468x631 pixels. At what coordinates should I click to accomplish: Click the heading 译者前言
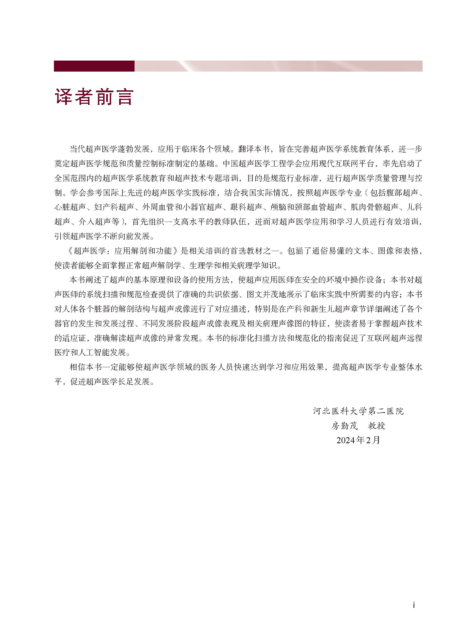[94, 97]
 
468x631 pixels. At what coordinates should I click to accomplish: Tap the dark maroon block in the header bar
[94, 66]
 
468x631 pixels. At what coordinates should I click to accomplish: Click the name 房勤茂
[344, 426]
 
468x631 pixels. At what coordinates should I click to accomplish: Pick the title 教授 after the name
[376, 426]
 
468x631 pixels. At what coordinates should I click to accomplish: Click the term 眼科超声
[246, 207]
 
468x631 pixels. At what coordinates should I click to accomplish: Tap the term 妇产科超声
[114, 207]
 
